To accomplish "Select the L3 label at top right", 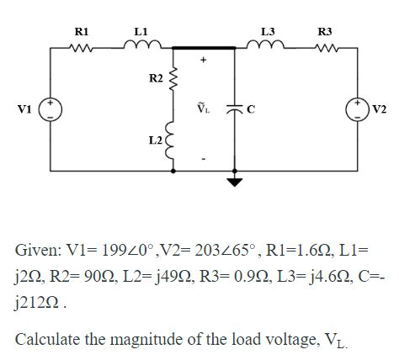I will click(268, 31).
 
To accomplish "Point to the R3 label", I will click(325, 31).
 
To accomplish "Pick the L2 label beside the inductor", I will click(157, 137).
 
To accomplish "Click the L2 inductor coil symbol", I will click(174, 139).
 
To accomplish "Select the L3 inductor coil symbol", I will click(268, 47).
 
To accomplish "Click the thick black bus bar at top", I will click(205, 49).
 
